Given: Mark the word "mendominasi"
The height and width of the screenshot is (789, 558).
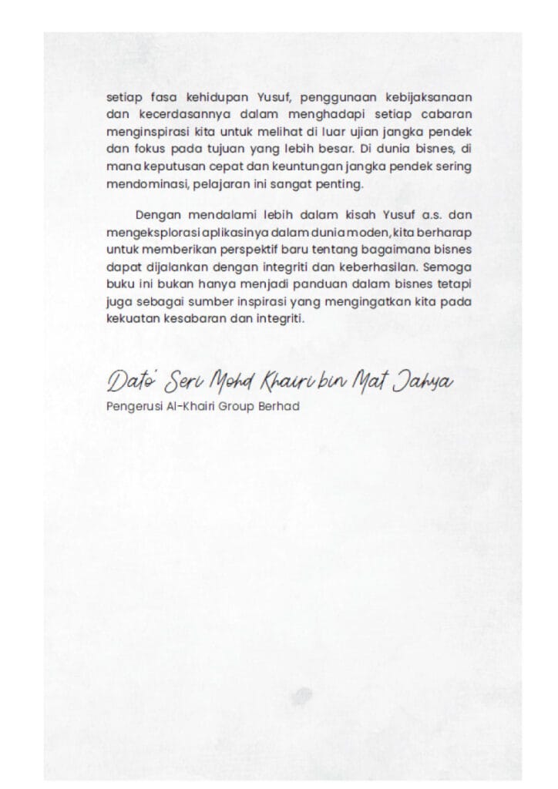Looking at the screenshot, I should pos(139,185).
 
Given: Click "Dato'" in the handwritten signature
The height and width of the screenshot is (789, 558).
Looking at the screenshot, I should pos(131,380).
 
